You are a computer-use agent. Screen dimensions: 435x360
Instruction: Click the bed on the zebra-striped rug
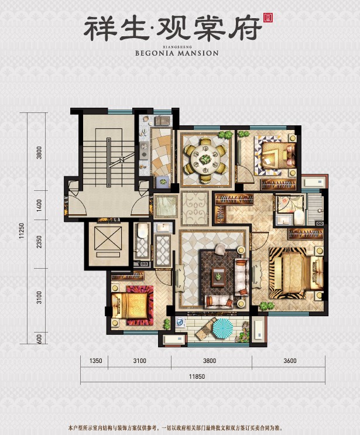point(294,272)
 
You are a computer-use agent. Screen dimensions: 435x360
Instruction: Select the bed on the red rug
point(132,304)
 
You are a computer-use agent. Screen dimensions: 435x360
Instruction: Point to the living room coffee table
point(219,275)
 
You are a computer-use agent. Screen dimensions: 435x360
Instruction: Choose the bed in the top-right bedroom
point(275,156)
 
